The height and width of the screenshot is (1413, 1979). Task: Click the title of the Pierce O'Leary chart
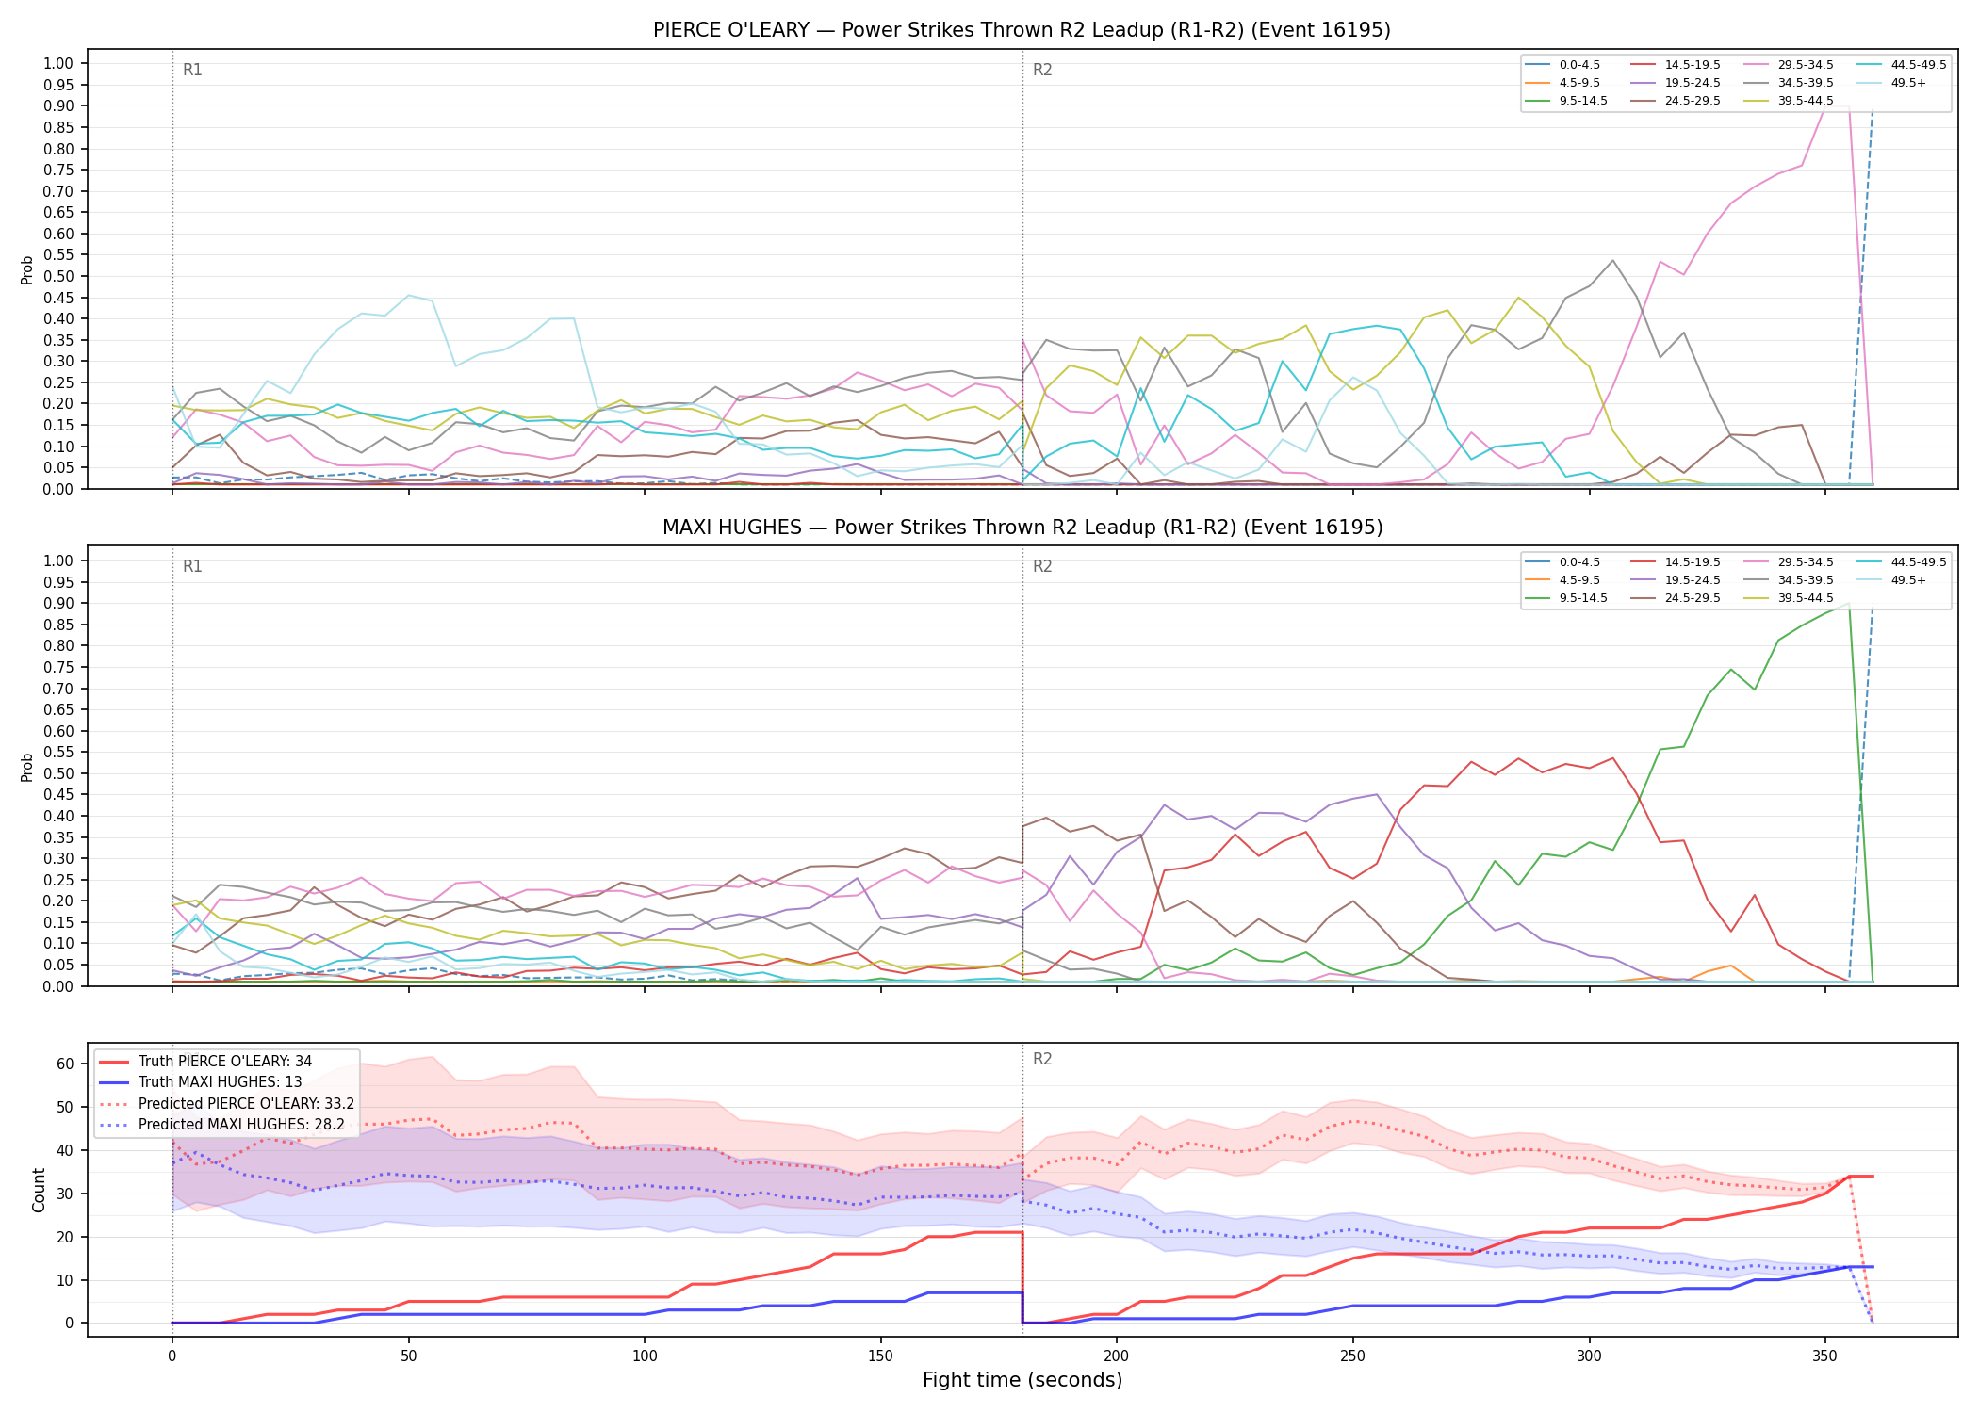1022,30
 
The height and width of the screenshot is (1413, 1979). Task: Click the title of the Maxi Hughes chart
1022,528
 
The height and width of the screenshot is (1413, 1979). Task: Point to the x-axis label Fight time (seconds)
1022,1380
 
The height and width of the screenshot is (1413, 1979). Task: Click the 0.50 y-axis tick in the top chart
58,276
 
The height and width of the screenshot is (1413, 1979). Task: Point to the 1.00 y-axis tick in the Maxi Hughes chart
58,560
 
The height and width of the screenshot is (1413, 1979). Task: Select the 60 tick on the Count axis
65,1064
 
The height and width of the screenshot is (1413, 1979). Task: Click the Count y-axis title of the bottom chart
39,1190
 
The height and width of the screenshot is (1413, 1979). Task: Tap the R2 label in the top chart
1042,70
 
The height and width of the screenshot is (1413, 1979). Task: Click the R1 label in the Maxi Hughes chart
192,566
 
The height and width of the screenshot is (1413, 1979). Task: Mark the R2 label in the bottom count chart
1042,1059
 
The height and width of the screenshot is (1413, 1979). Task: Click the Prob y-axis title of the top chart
27,270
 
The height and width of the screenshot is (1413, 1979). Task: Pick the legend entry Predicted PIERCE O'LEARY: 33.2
246,1104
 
